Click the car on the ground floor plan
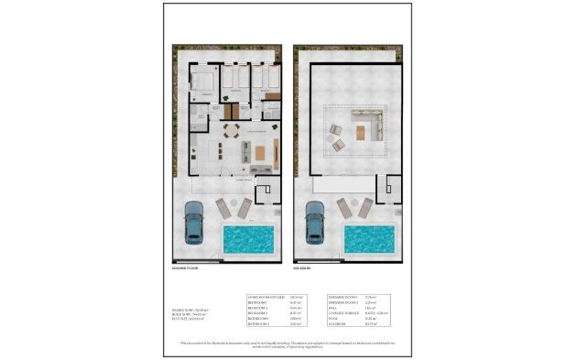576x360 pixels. coord(193,222)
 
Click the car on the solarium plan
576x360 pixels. coord(313,222)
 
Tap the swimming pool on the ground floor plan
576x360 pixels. coord(249,240)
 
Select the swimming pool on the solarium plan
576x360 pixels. coord(369,240)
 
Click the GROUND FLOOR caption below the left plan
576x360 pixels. coord(184,268)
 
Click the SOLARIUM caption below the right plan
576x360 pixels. coord(303,268)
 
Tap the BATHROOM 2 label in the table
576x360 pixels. coord(258,325)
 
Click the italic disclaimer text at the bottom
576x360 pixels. coord(288,344)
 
